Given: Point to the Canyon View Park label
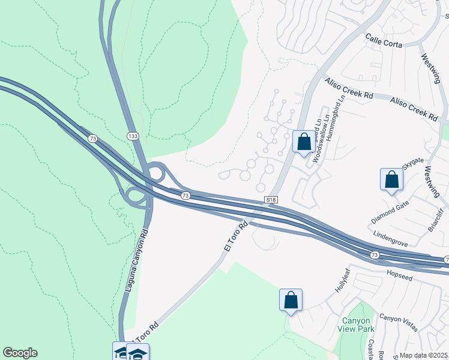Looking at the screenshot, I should coord(358,325).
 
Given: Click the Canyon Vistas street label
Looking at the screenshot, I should coord(399,322).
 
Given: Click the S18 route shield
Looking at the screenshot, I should coord(271,199).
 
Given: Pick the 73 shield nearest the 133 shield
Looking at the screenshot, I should coord(92,139).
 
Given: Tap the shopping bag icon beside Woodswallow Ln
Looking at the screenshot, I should coord(304,142).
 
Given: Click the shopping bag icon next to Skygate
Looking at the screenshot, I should coord(391,179).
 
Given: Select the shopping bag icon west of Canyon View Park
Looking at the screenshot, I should coord(291,299).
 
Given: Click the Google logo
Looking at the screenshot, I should coord(20,353).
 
